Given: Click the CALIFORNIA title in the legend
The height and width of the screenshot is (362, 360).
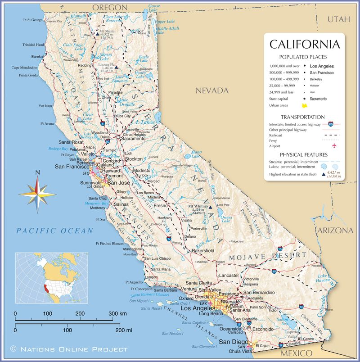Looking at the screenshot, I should pyautogui.click(x=304, y=45).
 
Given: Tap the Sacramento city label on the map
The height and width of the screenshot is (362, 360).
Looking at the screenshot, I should pyautogui.click(x=133, y=139).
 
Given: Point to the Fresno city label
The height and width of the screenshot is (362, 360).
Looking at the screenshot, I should pyautogui.click(x=161, y=205).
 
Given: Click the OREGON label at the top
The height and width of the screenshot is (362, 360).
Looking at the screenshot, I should pyautogui.click(x=110, y=7).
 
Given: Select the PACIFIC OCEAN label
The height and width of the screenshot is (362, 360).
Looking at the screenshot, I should pyautogui.click(x=54, y=231).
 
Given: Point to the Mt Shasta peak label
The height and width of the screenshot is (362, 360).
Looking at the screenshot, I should pyautogui.click(x=107, y=31).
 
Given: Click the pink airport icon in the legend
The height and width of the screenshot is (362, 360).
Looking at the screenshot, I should pyautogui.click(x=334, y=146).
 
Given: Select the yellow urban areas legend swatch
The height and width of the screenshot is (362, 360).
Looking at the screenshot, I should pyautogui.click(x=305, y=105).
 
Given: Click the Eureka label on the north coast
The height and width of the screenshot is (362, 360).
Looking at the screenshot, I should pyautogui.click(x=37, y=57).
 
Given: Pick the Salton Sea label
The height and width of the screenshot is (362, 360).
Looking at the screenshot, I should pyautogui.click(x=283, y=320).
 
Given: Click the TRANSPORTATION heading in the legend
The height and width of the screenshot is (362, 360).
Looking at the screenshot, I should pyautogui.click(x=303, y=117).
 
